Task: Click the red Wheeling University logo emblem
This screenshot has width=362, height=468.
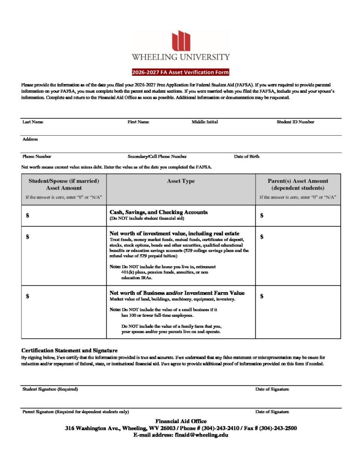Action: point(180,41)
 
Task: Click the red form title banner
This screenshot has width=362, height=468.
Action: point(180,72)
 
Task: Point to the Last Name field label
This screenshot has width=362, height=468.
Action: point(33,122)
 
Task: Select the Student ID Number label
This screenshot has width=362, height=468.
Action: point(295,122)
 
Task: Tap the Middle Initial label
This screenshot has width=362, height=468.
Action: point(205,122)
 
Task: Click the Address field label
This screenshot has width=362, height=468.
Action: point(30,139)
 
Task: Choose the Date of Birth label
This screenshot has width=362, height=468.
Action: point(247,156)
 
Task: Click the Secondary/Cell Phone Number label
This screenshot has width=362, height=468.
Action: point(157,156)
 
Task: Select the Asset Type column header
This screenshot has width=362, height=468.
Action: point(181,181)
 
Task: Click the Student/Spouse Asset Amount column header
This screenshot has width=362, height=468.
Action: point(64,184)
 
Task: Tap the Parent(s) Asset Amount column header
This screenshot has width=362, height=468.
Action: point(298,184)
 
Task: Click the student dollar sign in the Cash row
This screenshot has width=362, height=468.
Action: point(28,216)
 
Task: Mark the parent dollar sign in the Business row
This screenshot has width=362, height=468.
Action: point(262,296)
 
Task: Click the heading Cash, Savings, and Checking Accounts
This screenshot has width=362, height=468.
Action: point(158,212)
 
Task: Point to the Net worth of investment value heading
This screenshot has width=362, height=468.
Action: point(174,234)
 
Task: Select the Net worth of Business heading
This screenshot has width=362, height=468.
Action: point(177,293)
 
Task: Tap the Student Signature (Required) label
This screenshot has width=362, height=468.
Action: point(50,389)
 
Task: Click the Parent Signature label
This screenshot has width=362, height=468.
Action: point(76,412)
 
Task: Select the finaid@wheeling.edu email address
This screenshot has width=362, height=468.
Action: point(201,435)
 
